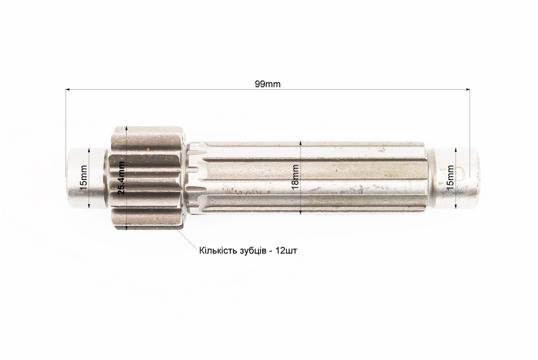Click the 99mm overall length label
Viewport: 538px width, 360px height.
click(268, 84)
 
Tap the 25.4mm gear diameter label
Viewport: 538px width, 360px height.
click(121, 178)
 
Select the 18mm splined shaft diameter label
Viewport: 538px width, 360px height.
click(295, 177)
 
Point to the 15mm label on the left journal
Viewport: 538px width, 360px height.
click(83, 177)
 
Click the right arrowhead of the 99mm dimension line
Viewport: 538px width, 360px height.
click(467, 90)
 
